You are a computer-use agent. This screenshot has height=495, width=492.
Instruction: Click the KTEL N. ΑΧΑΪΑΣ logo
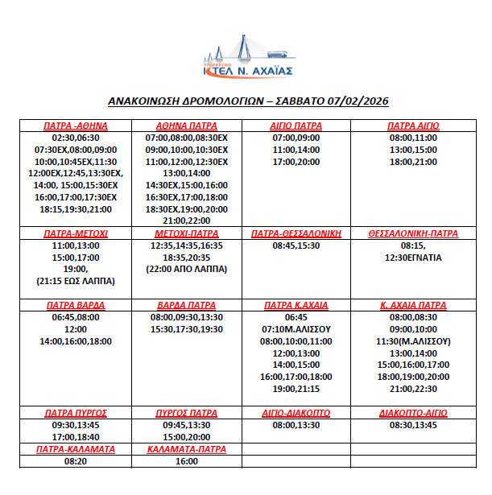pyautogui.click(x=247, y=57)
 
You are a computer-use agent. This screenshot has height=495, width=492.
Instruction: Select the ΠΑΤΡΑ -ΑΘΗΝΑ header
pyautogui.click(x=75, y=126)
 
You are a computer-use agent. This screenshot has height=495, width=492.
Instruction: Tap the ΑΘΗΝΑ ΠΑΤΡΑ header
pyautogui.click(x=187, y=126)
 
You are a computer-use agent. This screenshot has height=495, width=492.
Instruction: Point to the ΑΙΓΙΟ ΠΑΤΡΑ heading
pyautogui.click(x=296, y=126)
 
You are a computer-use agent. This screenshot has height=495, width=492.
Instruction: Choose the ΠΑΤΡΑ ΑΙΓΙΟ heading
pyautogui.click(x=413, y=126)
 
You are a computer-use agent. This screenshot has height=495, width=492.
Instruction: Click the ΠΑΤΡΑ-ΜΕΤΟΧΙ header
pyautogui.click(x=75, y=233)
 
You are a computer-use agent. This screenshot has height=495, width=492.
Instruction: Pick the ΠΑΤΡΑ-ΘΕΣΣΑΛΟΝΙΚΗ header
pyautogui.click(x=296, y=233)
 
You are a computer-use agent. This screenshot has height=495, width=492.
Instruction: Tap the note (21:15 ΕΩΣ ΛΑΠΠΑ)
pyautogui.click(x=75, y=280)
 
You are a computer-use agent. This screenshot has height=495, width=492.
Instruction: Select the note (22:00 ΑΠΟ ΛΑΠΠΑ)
pyautogui.click(x=187, y=268)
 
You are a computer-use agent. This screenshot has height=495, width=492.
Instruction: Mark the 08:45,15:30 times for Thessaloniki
pyautogui.click(x=296, y=245)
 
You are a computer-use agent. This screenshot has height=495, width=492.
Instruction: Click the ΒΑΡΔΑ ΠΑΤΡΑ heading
pyautogui.click(x=187, y=305)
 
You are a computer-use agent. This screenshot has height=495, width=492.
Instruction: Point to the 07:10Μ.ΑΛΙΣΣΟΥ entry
pyautogui.click(x=296, y=329)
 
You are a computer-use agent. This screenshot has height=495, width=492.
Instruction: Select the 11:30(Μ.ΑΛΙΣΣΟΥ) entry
pyautogui.click(x=413, y=340)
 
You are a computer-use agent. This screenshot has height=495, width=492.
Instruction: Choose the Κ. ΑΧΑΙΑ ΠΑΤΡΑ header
pyautogui.click(x=413, y=305)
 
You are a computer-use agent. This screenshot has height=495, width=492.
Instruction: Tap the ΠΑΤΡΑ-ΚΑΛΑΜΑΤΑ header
pyautogui.click(x=75, y=448)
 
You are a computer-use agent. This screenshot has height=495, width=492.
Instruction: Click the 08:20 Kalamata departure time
pyautogui.click(x=75, y=461)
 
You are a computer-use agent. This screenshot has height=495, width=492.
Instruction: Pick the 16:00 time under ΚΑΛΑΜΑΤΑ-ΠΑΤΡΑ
pyautogui.click(x=187, y=461)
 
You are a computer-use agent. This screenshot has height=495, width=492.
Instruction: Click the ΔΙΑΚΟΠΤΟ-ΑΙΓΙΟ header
pyautogui.click(x=413, y=412)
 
